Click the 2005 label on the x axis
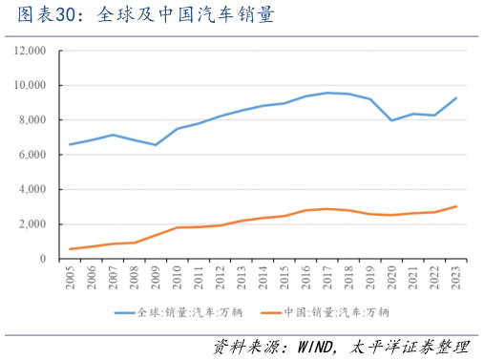(x=70, y=278)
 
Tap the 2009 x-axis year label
(x=156, y=278)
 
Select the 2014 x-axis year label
(x=263, y=278)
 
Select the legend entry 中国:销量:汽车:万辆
(x=336, y=311)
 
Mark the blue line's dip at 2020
(x=391, y=120)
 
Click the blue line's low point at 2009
(x=156, y=145)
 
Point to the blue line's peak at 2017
(x=327, y=93)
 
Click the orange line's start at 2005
(x=70, y=249)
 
